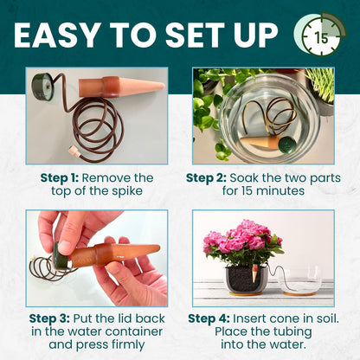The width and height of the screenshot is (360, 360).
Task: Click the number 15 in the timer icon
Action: [x=321, y=38]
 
